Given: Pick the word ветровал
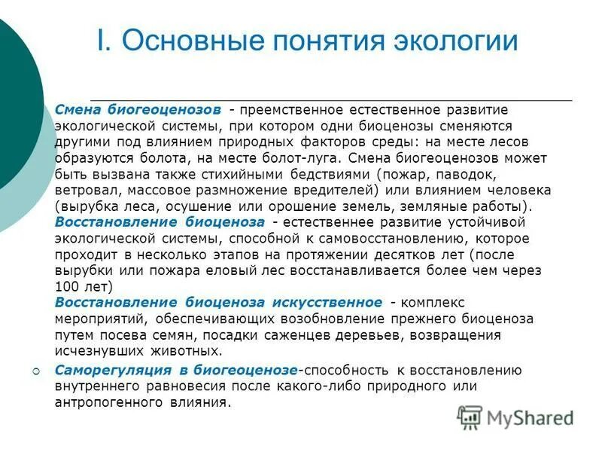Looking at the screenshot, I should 84,190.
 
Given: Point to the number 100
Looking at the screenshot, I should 65,286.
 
